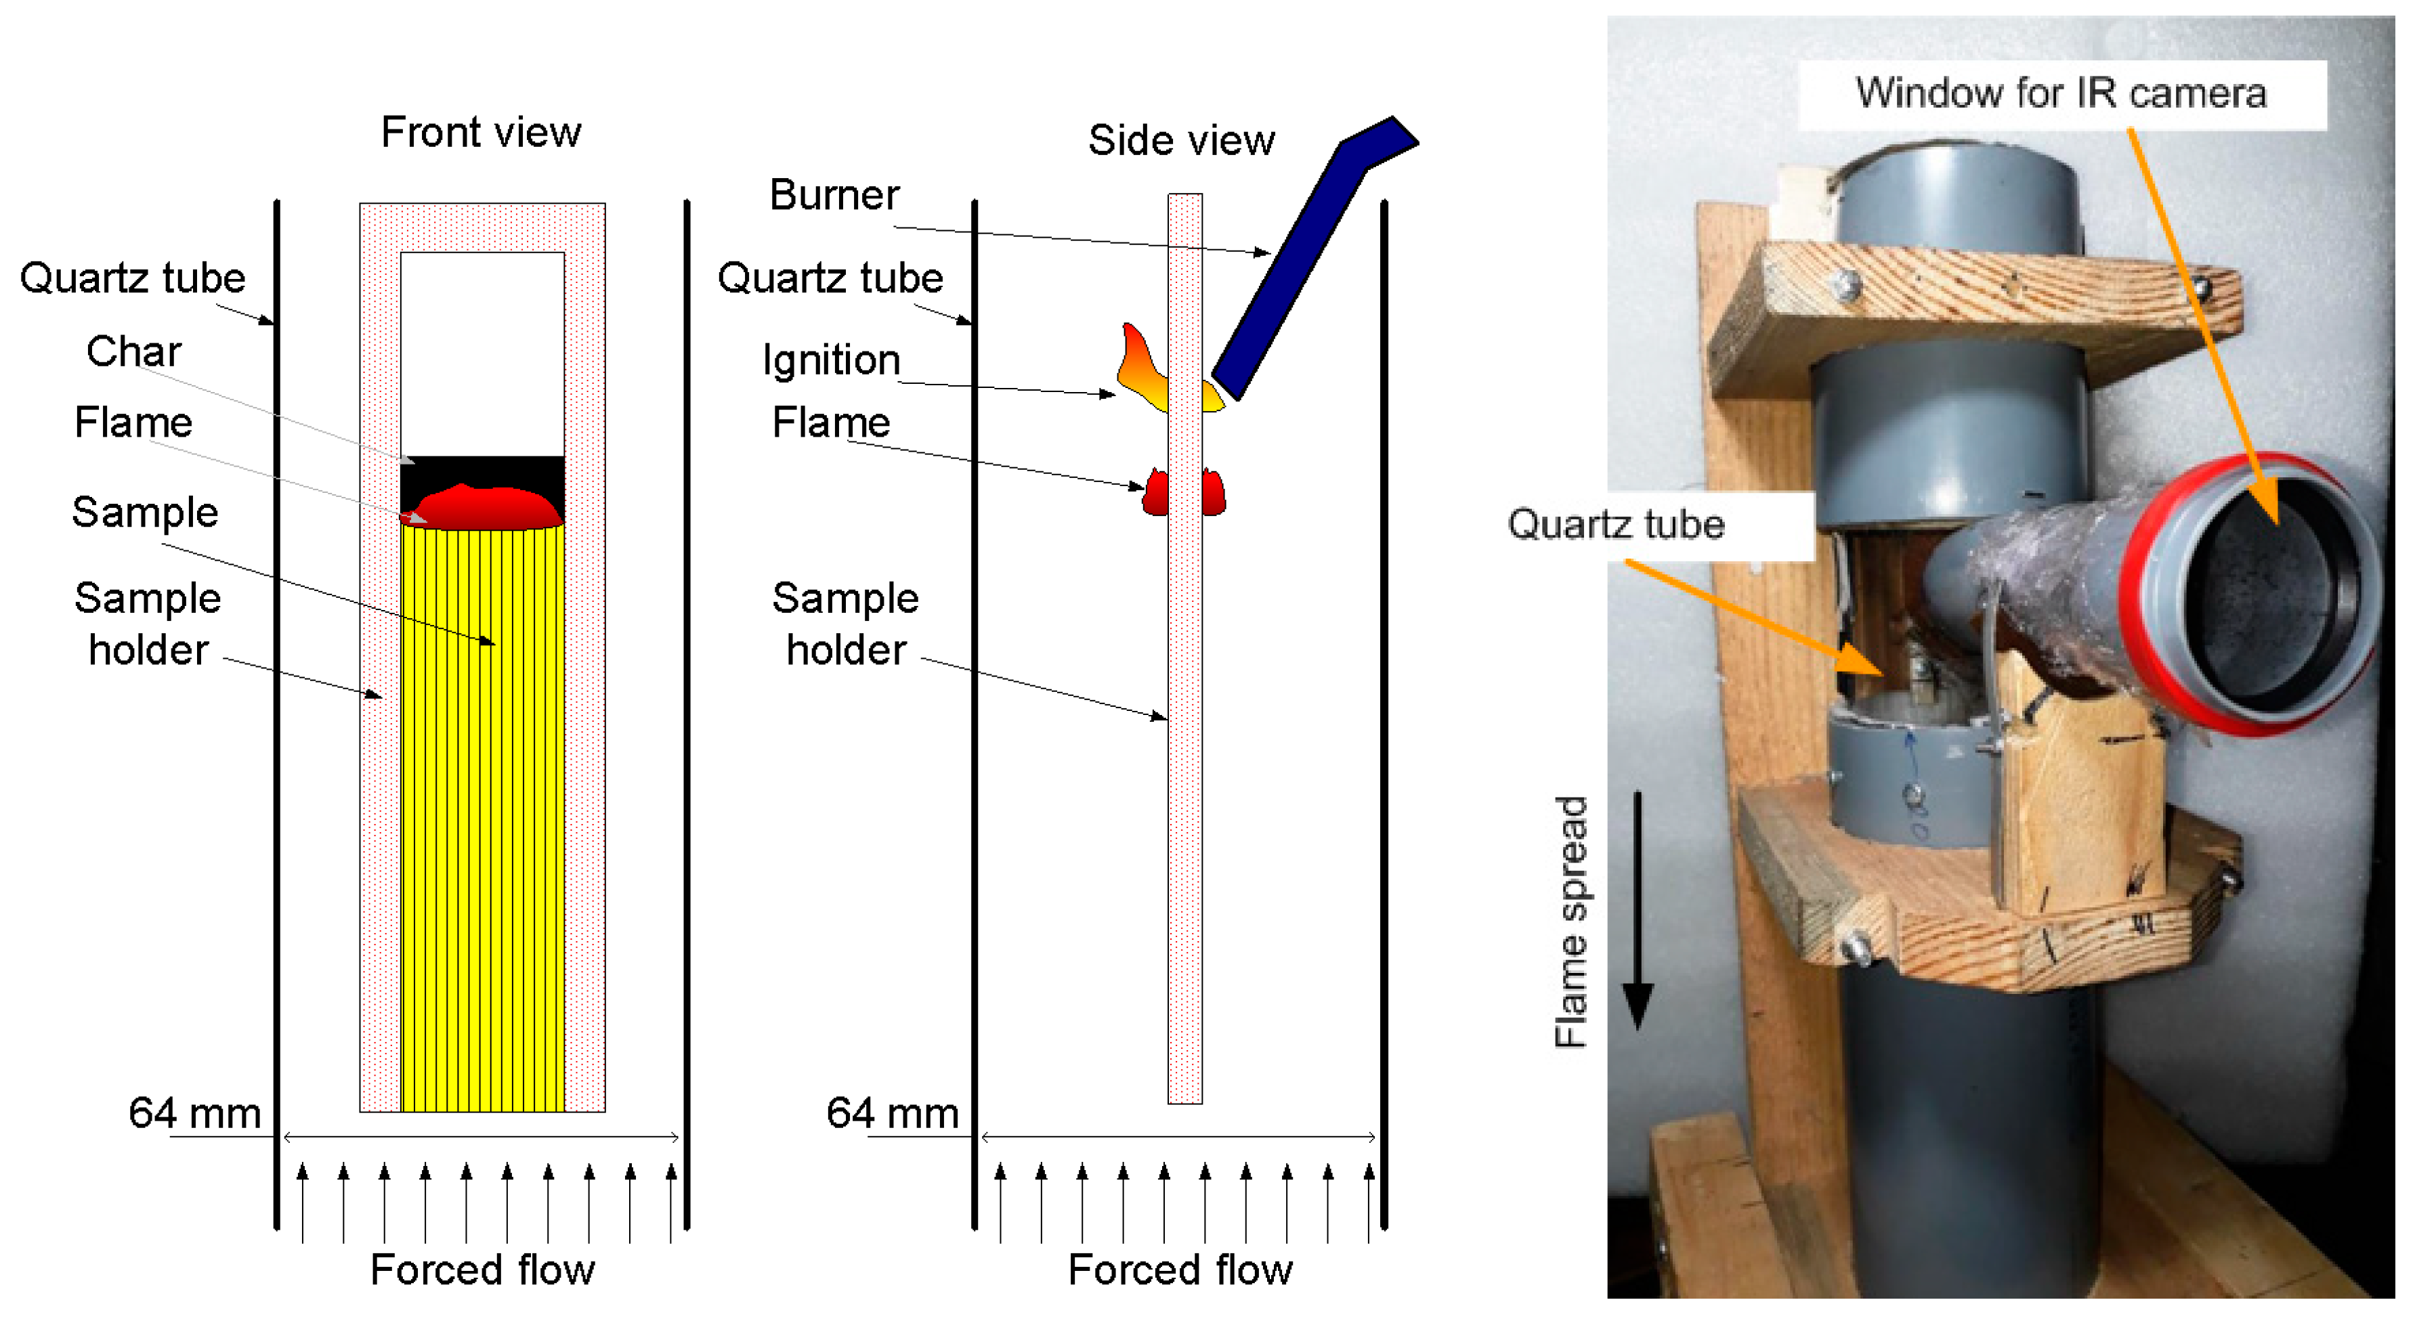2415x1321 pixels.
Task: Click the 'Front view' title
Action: point(480,132)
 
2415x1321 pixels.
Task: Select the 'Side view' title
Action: point(1180,141)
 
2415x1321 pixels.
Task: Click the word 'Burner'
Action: point(834,195)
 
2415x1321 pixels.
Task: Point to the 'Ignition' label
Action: point(831,360)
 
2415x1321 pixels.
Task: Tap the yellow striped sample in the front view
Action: point(482,816)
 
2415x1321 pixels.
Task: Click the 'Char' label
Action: point(133,351)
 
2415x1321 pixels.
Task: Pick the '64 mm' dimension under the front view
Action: point(194,1113)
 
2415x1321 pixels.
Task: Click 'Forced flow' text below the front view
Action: point(482,1270)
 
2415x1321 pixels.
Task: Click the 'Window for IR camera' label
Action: point(2061,93)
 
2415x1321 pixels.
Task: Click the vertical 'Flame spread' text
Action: point(1570,922)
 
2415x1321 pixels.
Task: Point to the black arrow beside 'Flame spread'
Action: point(1637,909)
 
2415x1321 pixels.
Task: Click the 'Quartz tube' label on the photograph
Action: point(1615,524)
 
